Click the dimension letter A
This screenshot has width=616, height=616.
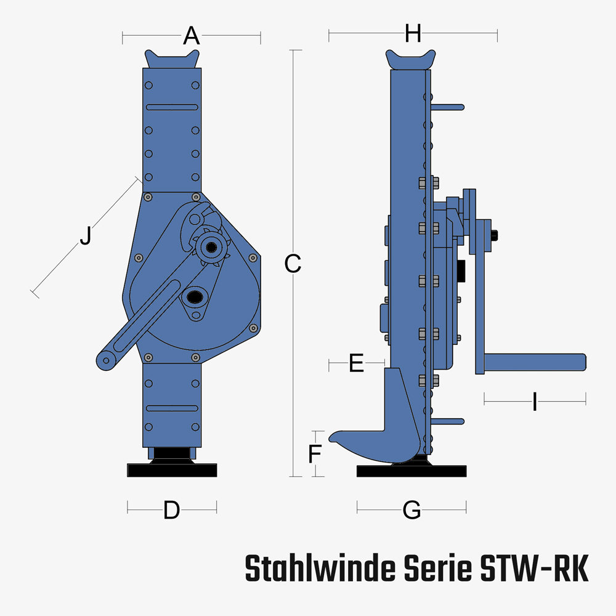point(192,36)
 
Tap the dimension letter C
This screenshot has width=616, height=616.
point(293,264)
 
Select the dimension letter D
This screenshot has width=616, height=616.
point(171,510)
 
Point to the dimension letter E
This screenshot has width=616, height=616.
point(356,363)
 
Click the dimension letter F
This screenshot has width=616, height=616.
point(315,455)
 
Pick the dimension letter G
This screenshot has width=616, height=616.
point(411,510)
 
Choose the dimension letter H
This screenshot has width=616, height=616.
point(413,34)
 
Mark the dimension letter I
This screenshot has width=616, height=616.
point(535,403)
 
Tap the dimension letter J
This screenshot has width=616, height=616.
point(86,236)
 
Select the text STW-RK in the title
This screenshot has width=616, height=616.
point(533,569)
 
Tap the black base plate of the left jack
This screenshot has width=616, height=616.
point(172,470)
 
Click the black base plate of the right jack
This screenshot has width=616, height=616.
point(411,471)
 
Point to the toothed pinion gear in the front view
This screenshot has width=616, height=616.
point(211,248)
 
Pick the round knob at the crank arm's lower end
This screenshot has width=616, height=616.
point(105,361)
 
